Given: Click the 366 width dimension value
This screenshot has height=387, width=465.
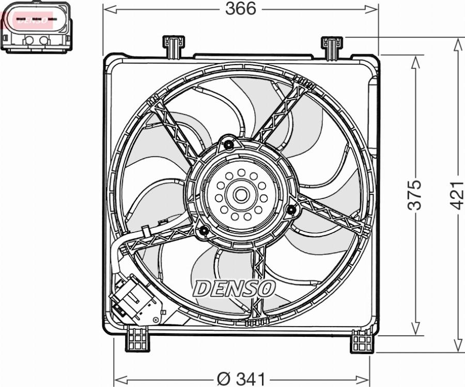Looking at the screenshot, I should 241,9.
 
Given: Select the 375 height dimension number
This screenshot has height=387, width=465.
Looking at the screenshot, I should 414,195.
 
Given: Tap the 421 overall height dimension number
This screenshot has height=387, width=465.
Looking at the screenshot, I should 457,195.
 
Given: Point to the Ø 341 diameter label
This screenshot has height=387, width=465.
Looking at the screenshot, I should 241,379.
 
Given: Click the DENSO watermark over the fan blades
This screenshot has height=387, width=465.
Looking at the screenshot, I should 234,288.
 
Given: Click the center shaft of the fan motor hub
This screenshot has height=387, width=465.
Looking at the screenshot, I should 241,195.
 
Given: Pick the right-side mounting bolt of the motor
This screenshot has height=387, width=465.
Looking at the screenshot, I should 291,209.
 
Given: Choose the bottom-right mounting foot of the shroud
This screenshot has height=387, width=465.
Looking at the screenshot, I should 362,341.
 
